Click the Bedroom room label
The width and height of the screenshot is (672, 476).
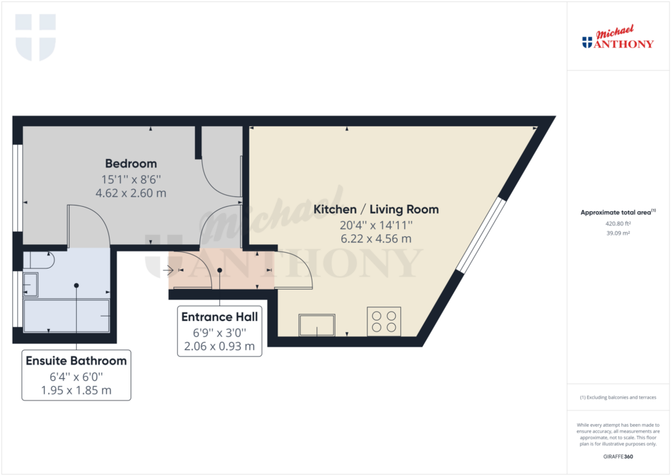[131, 163]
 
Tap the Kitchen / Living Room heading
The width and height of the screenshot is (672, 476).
[376, 209]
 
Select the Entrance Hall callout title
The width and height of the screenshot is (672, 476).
[219, 317]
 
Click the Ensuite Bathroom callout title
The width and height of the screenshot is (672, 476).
[76, 360]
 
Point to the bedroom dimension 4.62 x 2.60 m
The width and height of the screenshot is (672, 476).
[131, 193]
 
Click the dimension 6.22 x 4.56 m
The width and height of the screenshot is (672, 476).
[376, 238]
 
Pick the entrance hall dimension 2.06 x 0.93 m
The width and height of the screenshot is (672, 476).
[219, 346]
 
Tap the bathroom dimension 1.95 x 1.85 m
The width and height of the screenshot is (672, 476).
[76, 390]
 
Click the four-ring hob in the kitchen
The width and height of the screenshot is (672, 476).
[384, 322]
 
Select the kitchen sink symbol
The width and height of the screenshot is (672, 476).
[317, 325]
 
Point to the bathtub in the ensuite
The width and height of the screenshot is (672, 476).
[66, 316]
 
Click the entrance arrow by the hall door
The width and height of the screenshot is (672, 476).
[168, 270]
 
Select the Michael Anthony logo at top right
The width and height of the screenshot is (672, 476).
[618, 37]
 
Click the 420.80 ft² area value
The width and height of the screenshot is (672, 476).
[618, 223]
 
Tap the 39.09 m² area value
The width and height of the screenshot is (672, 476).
[618, 233]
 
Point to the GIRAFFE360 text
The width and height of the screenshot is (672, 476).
[618, 457]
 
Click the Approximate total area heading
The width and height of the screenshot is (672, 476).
[618, 212]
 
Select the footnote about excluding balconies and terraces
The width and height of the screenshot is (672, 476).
[618, 397]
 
